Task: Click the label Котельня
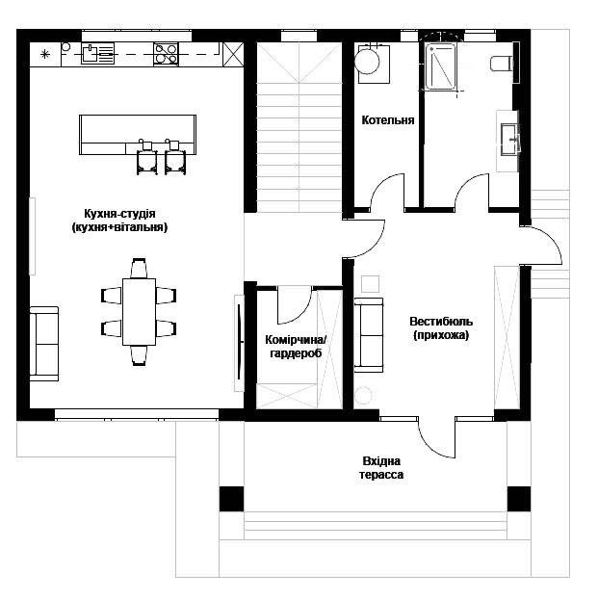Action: (x=387, y=120)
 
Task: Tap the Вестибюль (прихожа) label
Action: (x=441, y=328)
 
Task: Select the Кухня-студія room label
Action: (x=119, y=220)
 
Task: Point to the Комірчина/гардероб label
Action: (x=296, y=347)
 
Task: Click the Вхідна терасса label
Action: (x=381, y=468)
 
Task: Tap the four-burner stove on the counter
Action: (x=166, y=54)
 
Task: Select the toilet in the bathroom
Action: (x=501, y=64)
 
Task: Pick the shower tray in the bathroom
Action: (x=441, y=67)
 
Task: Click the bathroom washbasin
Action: (x=509, y=140)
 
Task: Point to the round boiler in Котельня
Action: (x=367, y=62)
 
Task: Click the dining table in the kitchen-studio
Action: (x=139, y=312)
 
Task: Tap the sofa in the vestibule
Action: (x=369, y=335)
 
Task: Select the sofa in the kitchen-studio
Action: (x=44, y=344)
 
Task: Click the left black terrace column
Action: (x=231, y=499)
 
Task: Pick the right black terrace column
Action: (x=519, y=499)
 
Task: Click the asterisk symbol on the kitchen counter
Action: (x=45, y=54)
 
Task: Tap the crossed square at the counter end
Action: (x=233, y=54)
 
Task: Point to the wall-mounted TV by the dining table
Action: (x=239, y=343)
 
